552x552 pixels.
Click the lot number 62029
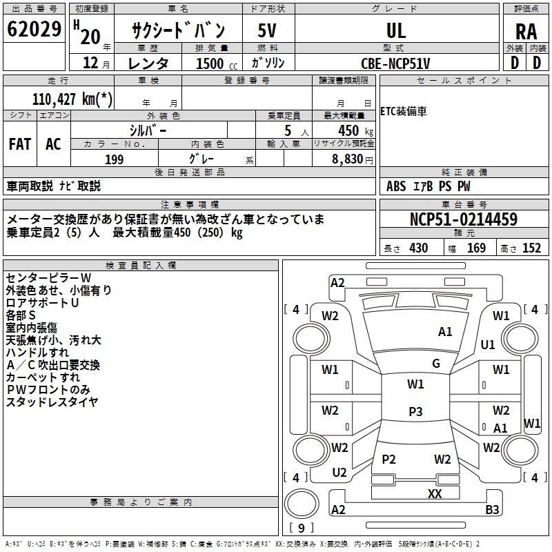coord(34,29)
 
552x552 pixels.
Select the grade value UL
coord(396,30)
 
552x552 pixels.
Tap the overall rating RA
coord(526,32)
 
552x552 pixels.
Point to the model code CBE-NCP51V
coord(395,63)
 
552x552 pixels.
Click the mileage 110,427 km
coord(72,99)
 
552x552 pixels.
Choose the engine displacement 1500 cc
coord(217,63)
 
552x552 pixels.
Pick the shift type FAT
coord(20,144)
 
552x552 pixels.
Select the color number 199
coord(115,159)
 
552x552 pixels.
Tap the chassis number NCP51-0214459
coord(464,219)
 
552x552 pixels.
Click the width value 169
coord(476,248)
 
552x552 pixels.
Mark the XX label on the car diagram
coord(435,493)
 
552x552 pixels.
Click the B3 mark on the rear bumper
coord(492,509)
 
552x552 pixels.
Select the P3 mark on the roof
coord(415,411)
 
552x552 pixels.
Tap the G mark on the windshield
coord(436,363)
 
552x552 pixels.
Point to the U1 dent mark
coord(488,344)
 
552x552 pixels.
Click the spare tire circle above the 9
coord(302,504)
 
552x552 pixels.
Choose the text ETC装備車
coord(404,111)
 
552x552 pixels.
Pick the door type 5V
coord(267,30)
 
